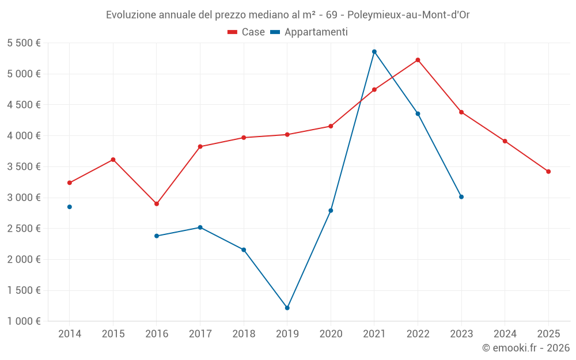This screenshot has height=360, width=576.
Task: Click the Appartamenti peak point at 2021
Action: point(374,52)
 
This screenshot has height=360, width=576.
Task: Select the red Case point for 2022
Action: point(418,60)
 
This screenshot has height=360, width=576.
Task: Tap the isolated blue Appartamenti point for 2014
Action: point(70,207)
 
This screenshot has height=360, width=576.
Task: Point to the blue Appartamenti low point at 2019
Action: point(287,308)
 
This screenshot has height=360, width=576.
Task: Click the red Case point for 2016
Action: point(157,204)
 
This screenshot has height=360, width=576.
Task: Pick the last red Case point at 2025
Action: point(548,172)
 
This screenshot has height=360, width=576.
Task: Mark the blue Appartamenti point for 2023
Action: point(461,197)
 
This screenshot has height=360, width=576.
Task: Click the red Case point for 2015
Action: point(113,160)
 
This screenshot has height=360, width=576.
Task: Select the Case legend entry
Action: point(247,32)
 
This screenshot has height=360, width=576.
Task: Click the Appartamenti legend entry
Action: point(309,32)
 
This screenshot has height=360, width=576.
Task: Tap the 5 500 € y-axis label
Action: point(24,43)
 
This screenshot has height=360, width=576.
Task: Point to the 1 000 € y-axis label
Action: point(24,321)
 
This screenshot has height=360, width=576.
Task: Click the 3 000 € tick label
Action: point(24,198)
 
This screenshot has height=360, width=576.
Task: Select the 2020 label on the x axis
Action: point(331,334)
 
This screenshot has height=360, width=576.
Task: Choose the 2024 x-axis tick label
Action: point(505,334)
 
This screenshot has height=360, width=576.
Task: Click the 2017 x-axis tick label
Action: point(200,334)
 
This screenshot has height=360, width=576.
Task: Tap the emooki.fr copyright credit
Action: point(525,348)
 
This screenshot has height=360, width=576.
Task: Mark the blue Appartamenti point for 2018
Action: point(244,250)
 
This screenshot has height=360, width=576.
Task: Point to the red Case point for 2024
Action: point(505,141)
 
